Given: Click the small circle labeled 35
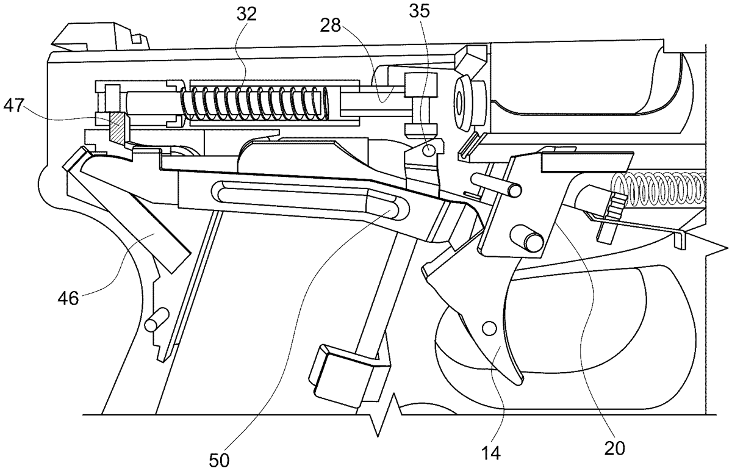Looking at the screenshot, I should [429, 148].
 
